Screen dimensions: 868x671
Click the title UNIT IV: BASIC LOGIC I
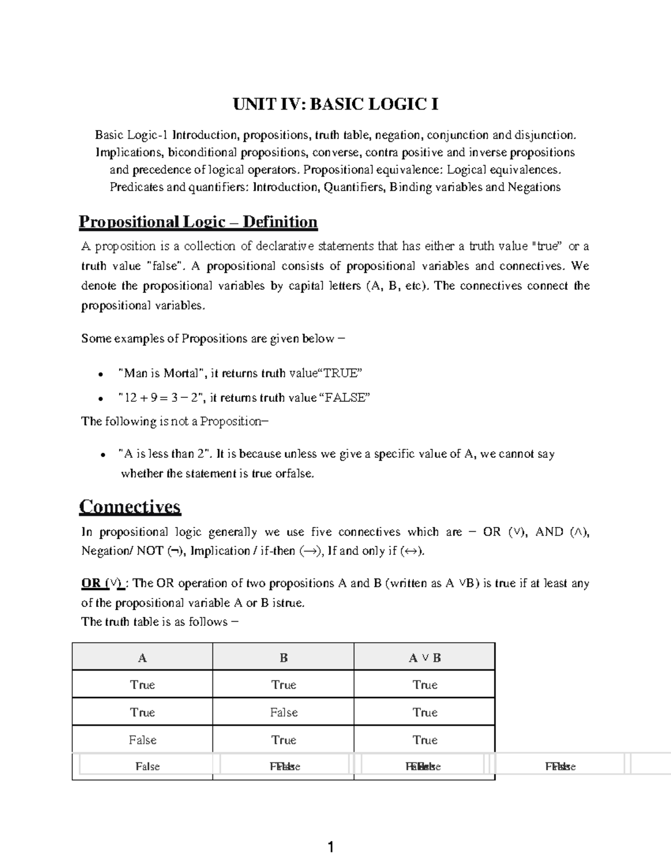click(335, 105)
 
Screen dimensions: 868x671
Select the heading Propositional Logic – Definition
click(198, 222)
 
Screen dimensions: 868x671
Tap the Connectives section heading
click(130, 506)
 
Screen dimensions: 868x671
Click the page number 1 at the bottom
click(330, 848)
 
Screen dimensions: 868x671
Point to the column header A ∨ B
click(424, 658)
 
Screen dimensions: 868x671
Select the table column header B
click(283, 658)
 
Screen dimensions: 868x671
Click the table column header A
click(142, 658)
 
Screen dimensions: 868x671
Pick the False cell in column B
click(283, 713)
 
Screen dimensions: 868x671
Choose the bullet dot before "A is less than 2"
click(101, 455)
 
